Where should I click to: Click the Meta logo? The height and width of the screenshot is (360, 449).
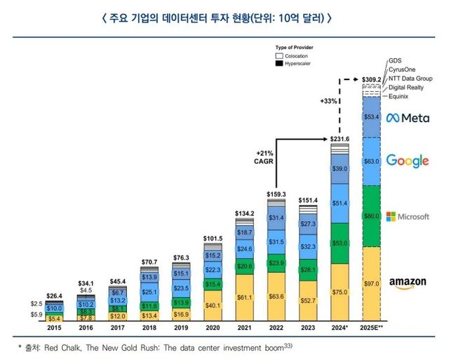(406, 117)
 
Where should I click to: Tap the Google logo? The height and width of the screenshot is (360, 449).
(407, 161)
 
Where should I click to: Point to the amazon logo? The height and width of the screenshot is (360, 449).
(408, 283)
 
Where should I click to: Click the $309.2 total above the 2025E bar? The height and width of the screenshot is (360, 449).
(372, 79)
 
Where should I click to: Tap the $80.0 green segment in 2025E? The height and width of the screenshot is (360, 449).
(372, 216)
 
